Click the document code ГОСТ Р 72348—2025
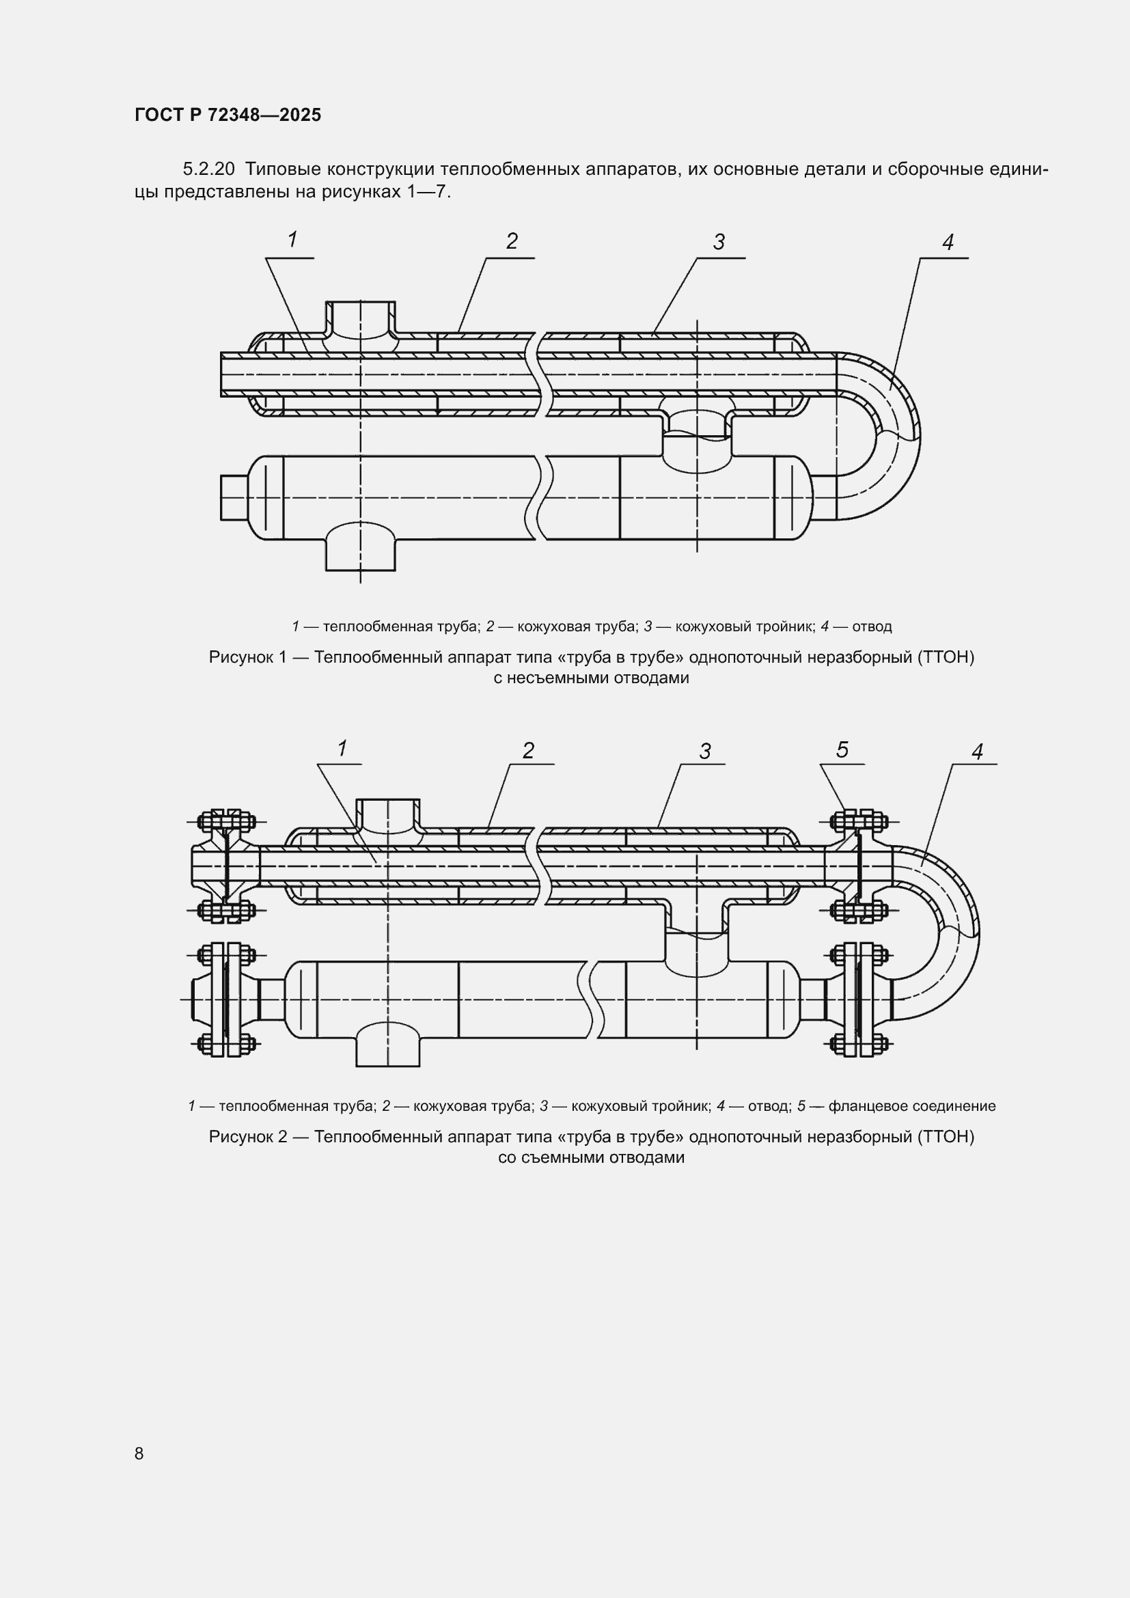point(228,115)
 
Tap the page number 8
point(139,1453)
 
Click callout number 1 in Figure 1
point(293,239)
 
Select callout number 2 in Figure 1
point(512,240)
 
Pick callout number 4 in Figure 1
point(948,243)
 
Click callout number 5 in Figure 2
point(842,749)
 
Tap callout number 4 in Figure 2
point(977,752)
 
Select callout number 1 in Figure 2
point(342,748)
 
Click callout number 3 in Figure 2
point(706,751)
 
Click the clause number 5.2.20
point(209,169)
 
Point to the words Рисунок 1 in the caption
point(248,657)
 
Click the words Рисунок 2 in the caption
point(248,1137)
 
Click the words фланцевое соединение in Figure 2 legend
point(912,1106)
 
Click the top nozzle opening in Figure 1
point(361,317)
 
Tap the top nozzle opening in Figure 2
point(388,813)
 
